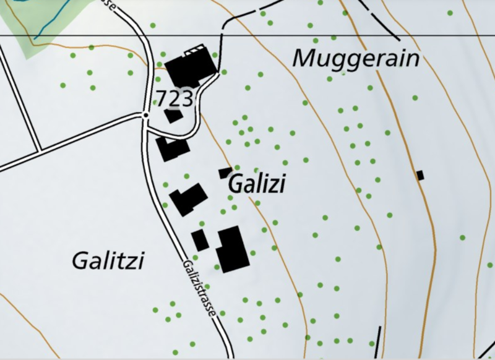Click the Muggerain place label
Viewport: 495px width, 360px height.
click(x=355, y=59)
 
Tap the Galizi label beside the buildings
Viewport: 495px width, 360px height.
click(x=257, y=184)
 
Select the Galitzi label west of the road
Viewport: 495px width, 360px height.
click(x=108, y=261)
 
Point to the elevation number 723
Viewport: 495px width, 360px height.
click(x=175, y=98)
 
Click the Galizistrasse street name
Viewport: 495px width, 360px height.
click(x=199, y=288)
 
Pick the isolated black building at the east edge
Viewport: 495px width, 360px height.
click(x=420, y=175)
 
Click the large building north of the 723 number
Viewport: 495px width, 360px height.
click(x=189, y=68)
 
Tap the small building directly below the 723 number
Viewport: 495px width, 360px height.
click(x=173, y=116)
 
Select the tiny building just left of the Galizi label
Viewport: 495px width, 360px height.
click(x=225, y=173)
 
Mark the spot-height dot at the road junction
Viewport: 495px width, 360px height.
click(x=146, y=114)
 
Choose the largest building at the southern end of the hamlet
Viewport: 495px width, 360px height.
click(x=232, y=249)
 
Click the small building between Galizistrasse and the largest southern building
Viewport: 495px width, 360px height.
click(x=200, y=240)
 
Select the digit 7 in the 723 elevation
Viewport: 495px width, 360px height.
click(x=161, y=98)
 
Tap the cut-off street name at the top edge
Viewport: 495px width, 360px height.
click(x=109, y=4)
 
